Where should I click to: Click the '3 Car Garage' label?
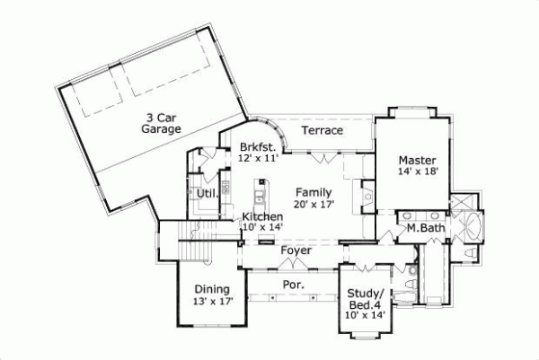coord(162,123)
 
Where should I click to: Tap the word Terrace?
coord(322,131)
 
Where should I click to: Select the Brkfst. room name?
coord(256,146)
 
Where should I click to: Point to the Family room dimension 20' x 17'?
coord(314,204)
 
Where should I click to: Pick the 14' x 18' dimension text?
coord(418,171)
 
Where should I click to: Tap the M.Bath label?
coord(425,228)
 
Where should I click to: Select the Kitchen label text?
coord(262,217)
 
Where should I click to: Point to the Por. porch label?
coord(293,285)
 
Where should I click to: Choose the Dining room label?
coord(212,288)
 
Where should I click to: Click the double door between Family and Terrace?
coord(325,158)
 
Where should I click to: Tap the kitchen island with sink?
coord(261,193)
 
